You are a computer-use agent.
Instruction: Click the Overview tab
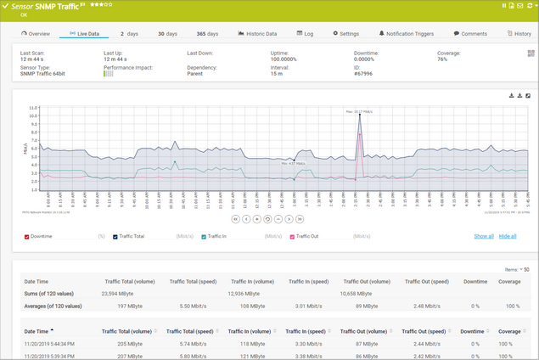[36, 34]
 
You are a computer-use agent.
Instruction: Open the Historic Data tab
[257, 34]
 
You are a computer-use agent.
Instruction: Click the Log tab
[306, 34]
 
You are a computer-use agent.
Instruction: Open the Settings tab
[345, 34]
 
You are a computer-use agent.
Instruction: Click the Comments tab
[470, 34]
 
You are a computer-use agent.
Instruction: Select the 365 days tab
[207, 34]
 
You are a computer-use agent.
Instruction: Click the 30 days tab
[167, 34]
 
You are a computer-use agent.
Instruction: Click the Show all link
[484, 236]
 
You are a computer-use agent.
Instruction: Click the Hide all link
[508, 236]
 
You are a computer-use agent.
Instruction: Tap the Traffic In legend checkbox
[205, 236]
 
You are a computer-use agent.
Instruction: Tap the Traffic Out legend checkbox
[292, 236]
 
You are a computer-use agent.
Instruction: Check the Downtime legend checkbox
[28, 236]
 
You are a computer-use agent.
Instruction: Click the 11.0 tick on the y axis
[32, 109]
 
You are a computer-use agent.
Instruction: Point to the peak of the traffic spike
[360, 114]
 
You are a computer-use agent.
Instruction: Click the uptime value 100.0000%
[285, 59]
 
